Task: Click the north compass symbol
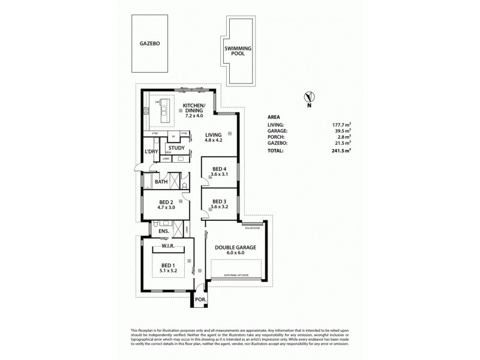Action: click(x=309, y=98)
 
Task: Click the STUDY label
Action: click(x=176, y=148)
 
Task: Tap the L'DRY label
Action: click(x=151, y=152)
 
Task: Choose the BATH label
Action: click(x=161, y=182)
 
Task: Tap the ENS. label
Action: click(x=163, y=231)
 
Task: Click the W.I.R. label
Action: click(x=167, y=246)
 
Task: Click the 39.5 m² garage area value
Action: click(x=340, y=131)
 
